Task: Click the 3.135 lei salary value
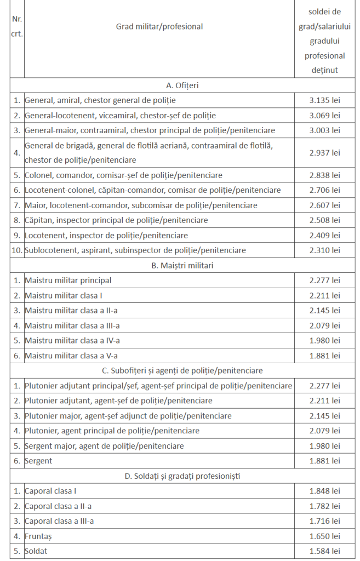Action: pos(324,100)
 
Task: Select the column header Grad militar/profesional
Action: pos(159,26)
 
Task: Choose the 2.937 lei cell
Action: pos(324,153)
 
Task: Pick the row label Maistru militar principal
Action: pos(68,280)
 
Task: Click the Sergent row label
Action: pos(38,461)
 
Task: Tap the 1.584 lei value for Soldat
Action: pos(324,551)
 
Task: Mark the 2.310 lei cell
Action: pos(324,250)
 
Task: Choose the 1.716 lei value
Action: pos(324,521)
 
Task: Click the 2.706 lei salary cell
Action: pos(324,190)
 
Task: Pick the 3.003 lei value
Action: pos(324,130)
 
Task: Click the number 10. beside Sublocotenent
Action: pos(17,250)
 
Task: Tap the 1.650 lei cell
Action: pos(324,536)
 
